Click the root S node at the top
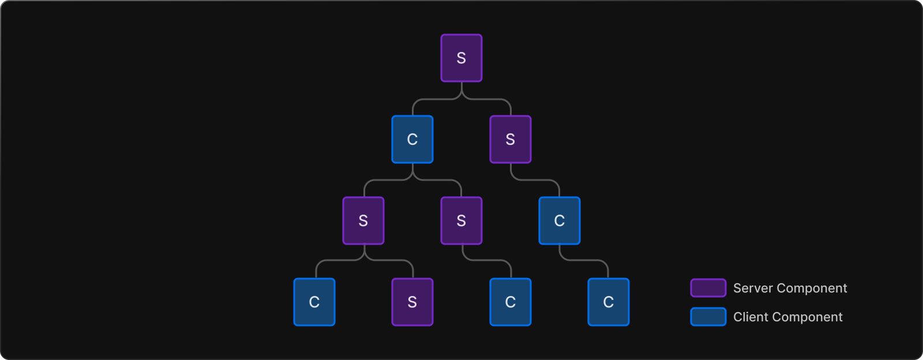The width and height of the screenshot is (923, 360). pos(461,58)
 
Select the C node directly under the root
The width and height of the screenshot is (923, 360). pos(412,140)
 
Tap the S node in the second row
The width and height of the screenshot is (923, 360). pos(511,140)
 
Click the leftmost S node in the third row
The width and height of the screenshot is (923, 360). pos(363,221)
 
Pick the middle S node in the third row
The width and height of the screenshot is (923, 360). pos(461,221)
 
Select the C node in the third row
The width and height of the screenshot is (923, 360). pos(560,221)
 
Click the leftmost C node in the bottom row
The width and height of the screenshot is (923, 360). pos(314,302)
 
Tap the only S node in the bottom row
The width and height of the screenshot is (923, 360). pos(412,302)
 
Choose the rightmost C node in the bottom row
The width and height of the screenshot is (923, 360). pos(609,302)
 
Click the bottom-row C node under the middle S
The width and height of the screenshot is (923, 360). pos(511,302)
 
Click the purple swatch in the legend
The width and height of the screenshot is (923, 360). pos(708,288)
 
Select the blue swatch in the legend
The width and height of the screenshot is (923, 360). pos(708,317)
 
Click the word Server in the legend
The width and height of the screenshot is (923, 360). pos(752,288)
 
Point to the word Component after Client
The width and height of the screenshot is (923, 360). pos(808,317)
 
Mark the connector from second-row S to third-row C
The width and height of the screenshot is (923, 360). pos(535,180)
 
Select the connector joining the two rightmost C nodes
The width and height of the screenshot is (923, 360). pos(584,260)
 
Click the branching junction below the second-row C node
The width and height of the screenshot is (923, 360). pos(412,175)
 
